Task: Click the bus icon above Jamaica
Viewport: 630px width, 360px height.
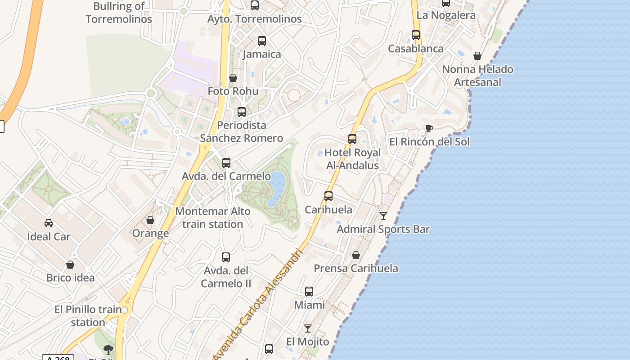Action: coord(262,41)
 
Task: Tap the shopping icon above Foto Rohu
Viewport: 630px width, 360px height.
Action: coord(233,78)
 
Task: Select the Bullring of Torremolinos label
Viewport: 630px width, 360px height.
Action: coord(119,13)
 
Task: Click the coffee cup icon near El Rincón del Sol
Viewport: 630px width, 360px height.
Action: coord(429,128)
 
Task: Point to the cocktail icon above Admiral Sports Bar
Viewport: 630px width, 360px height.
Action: coord(383,216)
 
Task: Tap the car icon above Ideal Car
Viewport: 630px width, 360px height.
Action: coord(49,223)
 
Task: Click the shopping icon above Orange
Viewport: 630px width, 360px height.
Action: coord(150,220)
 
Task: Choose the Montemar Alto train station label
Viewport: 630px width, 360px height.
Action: coord(213,217)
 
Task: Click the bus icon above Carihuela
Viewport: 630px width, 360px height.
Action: coord(328,196)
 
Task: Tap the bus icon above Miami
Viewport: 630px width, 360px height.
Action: coord(309,292)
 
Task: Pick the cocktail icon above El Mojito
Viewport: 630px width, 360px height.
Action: coord(308,328)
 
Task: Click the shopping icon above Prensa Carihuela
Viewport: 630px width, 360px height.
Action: coord(356,255)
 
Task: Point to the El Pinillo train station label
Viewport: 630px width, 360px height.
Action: coord(88,316)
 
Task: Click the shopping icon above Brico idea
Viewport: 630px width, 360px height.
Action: coord(70,265)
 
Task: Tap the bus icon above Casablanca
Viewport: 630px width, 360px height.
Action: coord(416,35)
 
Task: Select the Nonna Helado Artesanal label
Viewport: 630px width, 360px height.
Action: coord(477,76)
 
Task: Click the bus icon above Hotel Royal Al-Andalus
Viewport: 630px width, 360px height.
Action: coord(352,139)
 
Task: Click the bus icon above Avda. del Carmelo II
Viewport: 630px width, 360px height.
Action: coord(226,257)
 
